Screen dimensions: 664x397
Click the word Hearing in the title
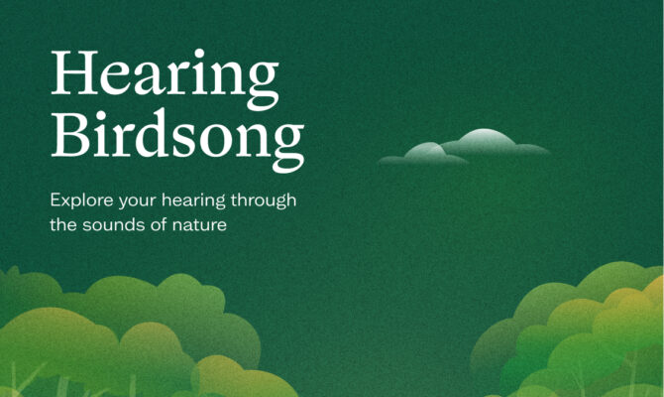[166, 78]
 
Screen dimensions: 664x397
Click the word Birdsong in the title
[177, 140]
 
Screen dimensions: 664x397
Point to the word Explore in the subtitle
[81, 200]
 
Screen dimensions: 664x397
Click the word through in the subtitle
[264, 200]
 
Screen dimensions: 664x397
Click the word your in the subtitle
[138, 201]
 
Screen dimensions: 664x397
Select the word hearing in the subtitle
[193, 200]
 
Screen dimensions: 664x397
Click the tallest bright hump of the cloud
[486, 139]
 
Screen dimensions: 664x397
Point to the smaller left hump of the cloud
[426, 151]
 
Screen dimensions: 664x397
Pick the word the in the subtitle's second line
[63, 224]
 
